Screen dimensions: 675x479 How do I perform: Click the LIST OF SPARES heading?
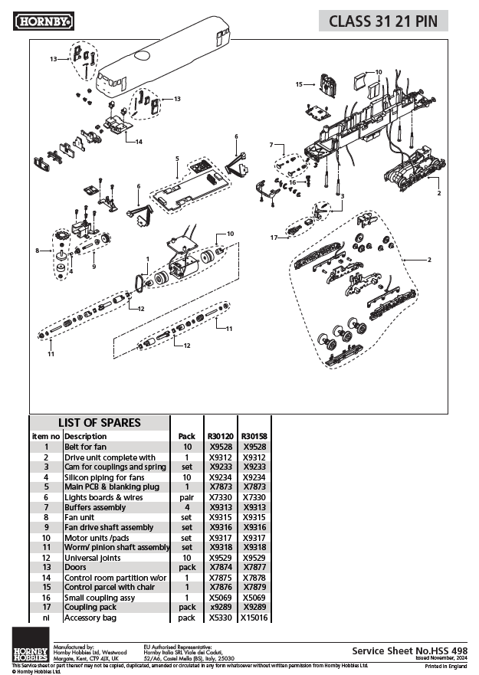click(100, 422)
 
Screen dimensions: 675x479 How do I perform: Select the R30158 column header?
click(254, 436)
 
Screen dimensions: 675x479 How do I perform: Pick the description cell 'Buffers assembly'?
click(95, 506)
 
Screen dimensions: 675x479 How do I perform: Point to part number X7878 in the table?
click(254, 578)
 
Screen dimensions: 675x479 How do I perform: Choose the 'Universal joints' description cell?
click(94, 558)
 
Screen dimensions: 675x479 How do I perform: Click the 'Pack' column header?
click(186, 436)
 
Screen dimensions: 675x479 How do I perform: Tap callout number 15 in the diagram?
click(300, 84)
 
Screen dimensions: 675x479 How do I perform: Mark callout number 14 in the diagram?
click(139, 142)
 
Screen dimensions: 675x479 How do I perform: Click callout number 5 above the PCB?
click(177, 159)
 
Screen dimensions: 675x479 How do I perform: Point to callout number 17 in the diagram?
click(274, 238)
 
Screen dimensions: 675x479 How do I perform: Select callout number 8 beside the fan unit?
click(37, 250)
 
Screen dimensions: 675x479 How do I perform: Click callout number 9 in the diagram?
click(94, 267)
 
